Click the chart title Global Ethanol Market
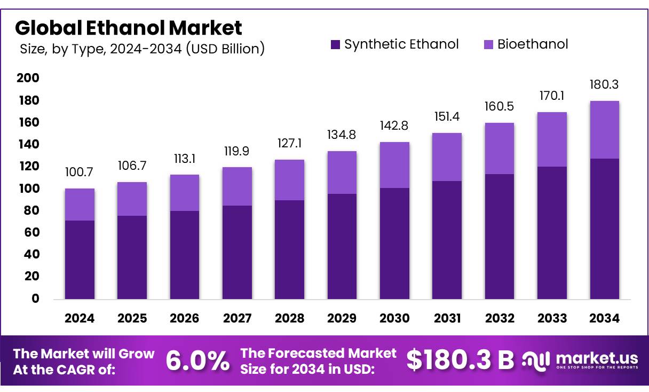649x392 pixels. point(128,27)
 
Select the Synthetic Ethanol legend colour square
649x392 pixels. point(335,44)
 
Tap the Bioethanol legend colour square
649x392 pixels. point(488,44)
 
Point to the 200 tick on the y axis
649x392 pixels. point(29,79)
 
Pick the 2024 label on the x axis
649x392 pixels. point(80,318)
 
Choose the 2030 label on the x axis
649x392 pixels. point(394,318)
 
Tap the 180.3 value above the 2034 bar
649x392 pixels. point(604,85)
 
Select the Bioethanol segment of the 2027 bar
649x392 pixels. point(237,186)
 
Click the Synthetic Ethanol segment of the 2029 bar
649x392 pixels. point(342,246)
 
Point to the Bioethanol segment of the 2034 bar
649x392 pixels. point(604,130)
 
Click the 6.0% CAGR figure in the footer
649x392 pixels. point(198,361)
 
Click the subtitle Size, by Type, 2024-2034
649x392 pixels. point(142,49)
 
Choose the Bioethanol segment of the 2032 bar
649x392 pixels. point(500,148)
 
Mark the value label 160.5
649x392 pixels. point(500,107)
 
